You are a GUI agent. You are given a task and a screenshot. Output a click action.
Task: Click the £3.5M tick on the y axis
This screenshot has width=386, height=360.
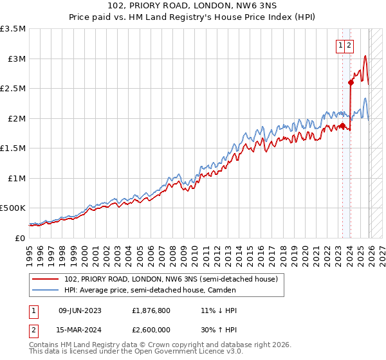pos(13,29)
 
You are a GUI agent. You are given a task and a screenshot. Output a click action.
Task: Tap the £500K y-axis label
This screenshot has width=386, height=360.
pos(13,208)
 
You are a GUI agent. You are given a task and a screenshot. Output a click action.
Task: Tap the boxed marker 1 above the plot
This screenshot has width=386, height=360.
pos(339,45)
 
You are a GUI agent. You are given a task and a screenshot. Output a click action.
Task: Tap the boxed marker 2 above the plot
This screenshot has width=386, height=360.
pos(348,45)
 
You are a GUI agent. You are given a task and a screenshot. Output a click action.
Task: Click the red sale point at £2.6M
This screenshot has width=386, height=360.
pos(351,82)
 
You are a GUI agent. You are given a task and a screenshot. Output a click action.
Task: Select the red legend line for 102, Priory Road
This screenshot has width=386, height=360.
pos(46,279)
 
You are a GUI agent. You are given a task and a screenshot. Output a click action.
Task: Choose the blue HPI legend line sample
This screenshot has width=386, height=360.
pos(46,290)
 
